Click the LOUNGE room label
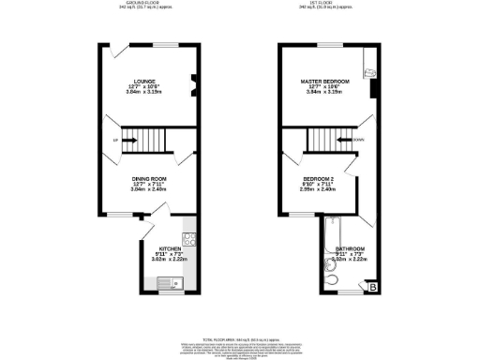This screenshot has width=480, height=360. click(143, 82)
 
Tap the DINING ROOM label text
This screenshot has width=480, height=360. click(148, 178)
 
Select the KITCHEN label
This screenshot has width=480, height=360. click(157, 248)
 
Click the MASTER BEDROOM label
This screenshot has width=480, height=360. click(325, 82)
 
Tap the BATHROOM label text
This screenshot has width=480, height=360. click(351, 248)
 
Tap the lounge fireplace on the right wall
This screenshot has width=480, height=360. click(194, 86)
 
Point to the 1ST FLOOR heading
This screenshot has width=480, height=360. click(325, 3)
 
